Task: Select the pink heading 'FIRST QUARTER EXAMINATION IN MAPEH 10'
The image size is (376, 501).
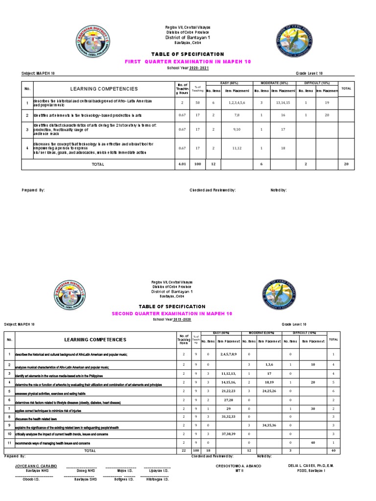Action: point(188,62)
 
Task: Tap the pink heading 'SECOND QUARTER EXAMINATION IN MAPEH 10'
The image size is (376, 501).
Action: point(172,313)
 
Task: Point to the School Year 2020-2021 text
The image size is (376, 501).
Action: point(188,69)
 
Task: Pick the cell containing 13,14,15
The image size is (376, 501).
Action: point(283,103)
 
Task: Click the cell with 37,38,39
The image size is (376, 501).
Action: point(229,434)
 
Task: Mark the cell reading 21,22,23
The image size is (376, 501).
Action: point(229,391)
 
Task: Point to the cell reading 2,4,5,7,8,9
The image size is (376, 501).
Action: point(229,354)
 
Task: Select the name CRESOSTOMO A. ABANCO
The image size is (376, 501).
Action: point(238,466)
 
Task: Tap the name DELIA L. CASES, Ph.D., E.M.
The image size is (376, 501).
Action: point(311,466)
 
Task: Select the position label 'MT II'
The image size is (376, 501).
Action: point(238,471)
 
